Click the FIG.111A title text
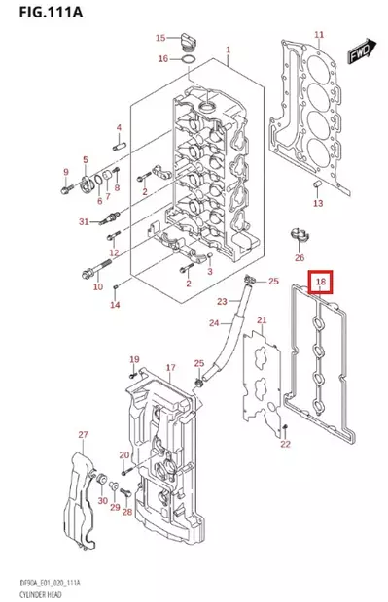tap(42, 13)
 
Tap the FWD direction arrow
tap(361, 50)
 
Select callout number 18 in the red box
tap(321, 284)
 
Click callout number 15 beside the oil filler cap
tap(161, 38)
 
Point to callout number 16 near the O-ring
tap(163, 59)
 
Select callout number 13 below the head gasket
tap(317, 203)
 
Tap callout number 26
tap(300, 257)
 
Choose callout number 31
tap(85, 221)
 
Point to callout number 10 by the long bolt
tap(97, 286)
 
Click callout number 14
tap(115, 305)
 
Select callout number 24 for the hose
tap(215, 322)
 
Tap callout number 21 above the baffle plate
tap(261, 320)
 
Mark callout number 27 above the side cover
tap(83, 434)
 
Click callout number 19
tap(134, 359)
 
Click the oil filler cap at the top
tap(187, 41)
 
